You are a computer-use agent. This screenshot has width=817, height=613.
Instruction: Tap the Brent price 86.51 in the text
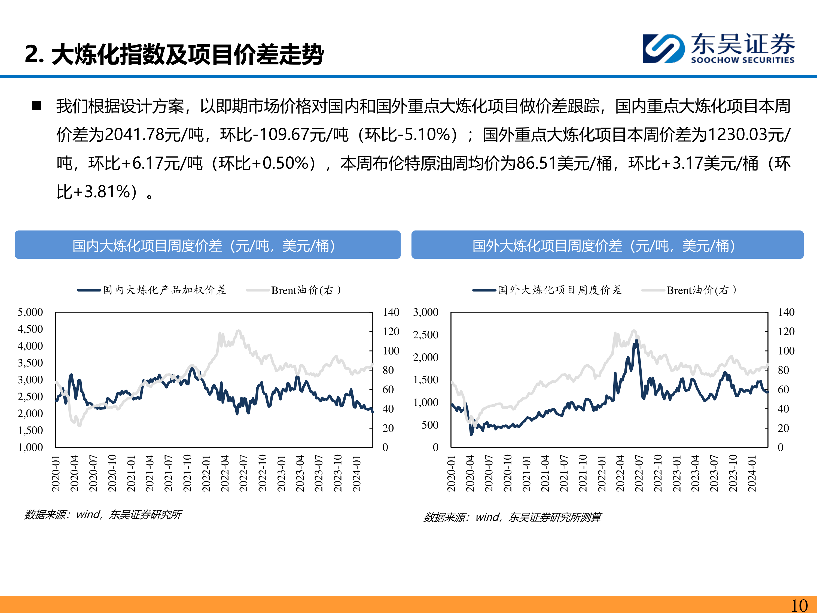pyautogui.click(x=536, y=163)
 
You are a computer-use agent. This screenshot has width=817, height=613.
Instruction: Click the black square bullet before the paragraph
pyautogui.click(x=36, y=106)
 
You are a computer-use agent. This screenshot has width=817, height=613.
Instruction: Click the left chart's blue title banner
pyautogui.click(x=208, y=245)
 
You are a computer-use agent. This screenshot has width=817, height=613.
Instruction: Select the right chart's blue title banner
pyautogui.click(x=607, y=245)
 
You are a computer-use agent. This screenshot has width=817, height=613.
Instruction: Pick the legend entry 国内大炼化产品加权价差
pyautogui.click(x=164, y=290)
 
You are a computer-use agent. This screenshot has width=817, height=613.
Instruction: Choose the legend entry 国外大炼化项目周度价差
pyautogui.click(x=560, y=290)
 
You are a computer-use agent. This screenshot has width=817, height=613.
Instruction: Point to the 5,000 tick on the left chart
pyautogui.click(x=30, y=312)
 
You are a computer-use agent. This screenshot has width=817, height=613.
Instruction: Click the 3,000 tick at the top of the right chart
pyautogui.click(x=425, y=312)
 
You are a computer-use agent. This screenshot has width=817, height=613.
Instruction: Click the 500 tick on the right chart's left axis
pyautogui.click(x=430, y=425)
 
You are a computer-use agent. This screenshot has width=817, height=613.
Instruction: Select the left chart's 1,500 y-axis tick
pyautogui.click(x=30, y=430)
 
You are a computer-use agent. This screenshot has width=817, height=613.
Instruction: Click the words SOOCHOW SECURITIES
pyautogui.click(x=742, y=60)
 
